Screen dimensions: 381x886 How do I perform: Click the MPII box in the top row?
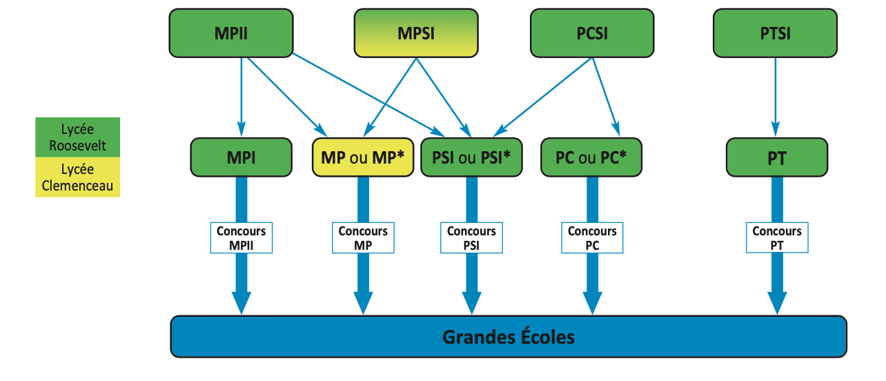coord(231,32)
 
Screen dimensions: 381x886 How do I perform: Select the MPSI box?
coord(416,32)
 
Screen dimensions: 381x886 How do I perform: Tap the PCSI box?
coord(592,32)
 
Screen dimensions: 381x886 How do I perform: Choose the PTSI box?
coord(776,32)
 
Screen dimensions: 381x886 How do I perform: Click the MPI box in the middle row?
coord(241,157)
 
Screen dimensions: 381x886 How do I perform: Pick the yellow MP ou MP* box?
coord(362,157)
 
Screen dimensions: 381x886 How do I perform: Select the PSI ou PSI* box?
coord(471,157)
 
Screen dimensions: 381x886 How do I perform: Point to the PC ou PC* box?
coord(591,157)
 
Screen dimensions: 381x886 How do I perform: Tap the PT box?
coord(776,157)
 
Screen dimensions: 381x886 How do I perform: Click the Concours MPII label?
coord(241,238)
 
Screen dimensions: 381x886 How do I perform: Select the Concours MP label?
coord(363,238)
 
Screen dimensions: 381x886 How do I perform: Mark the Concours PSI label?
coord(471,238)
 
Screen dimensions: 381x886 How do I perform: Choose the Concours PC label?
coord(592,238)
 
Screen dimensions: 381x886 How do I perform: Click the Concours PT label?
coord(776,238)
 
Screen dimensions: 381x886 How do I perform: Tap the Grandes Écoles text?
coord(509,338)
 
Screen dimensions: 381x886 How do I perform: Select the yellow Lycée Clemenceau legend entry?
coord(78,177)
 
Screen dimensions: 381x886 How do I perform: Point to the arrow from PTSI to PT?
coord(776,97)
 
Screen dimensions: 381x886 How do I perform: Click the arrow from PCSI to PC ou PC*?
coord(605,97)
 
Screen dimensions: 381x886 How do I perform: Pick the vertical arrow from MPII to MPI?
coord(241,97)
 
